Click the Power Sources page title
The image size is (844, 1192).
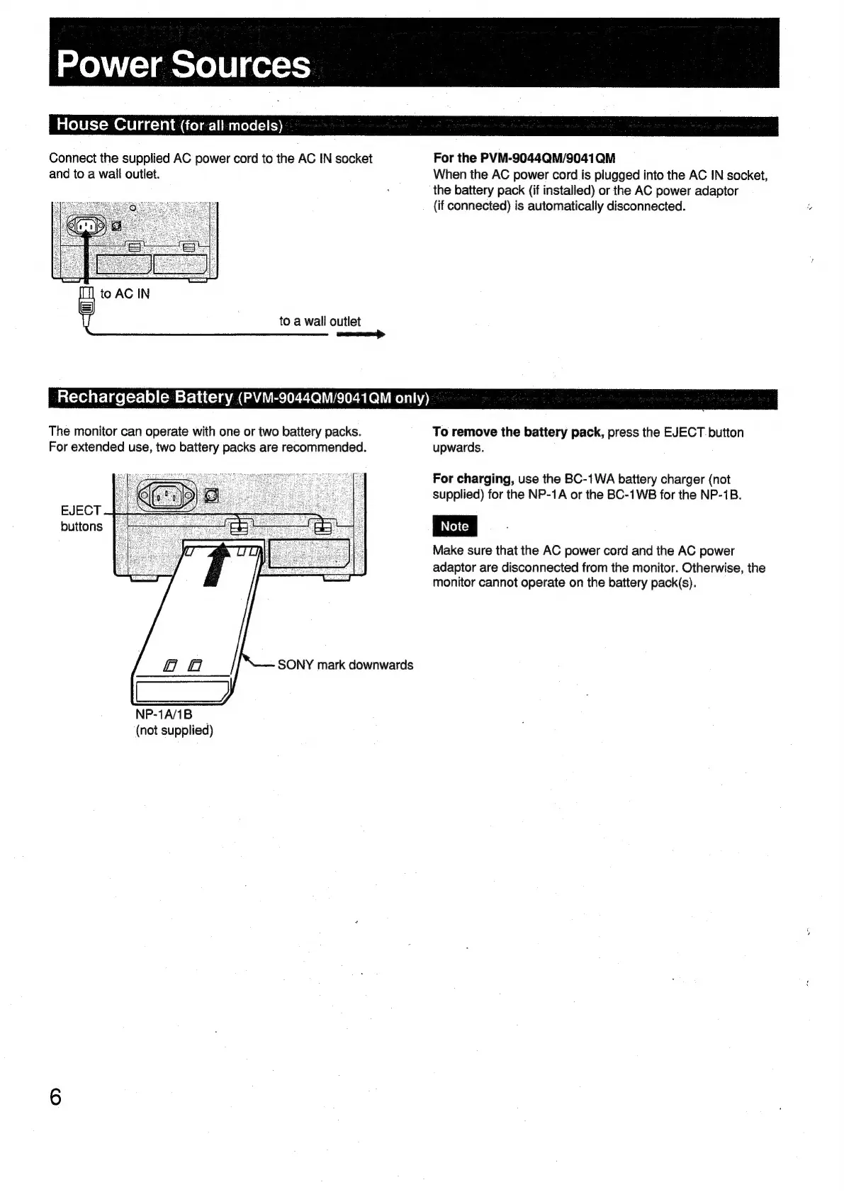pyautogui.click(x=183, y=64)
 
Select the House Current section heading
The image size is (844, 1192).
pyautogui.click(x=169, y=125)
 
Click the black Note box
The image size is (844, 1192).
pyautogui.click(x=454, y=527)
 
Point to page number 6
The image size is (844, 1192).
pyautogui.click(x=55, y=1097)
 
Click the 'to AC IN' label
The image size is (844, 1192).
pyautogui.click(x=125, y=294)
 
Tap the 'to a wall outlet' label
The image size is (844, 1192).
pyautogui.click(x=320, y=321)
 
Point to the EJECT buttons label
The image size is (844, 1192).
pyautogui.click(x=81, y=518)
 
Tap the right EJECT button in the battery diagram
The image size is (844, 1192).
pyautogui.click(x=322, y=526)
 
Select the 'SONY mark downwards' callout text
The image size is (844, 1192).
pyautogui.click(x=345, y=665)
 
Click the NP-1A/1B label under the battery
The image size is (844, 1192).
pyautogui.click(x=164, y=714)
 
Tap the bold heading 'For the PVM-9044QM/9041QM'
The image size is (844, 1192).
pyautogui.click(x=524, y=158)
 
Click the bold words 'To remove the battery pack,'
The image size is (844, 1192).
pyautogui.click(x=518, y=432)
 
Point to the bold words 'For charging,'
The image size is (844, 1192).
pyautogui.click(x=473, y=479)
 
